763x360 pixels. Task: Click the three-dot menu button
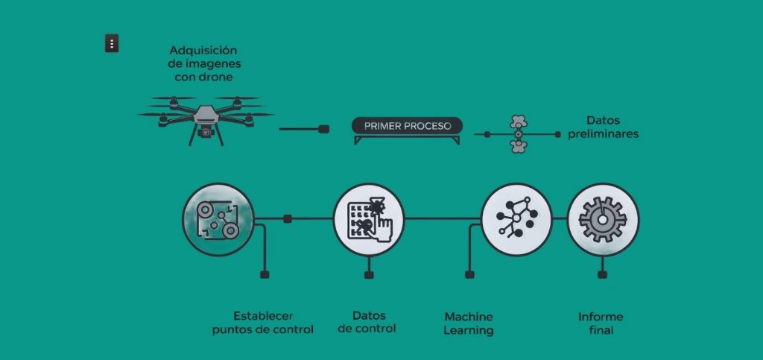point(111,44)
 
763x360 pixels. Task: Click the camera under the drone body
point(205,133)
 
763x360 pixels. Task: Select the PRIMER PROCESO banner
point(407,126)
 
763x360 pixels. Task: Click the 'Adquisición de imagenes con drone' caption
point(203,63)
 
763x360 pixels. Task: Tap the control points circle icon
point(218,218)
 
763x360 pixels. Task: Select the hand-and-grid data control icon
point(368,218)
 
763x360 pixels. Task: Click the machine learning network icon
point(516,218)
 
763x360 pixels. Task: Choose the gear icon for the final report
point(603,219)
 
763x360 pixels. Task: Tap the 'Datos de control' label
point(367,322)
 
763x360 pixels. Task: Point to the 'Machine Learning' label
point(468,323)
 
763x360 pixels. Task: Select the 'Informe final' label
point(601,323)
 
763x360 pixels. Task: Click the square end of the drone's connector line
point(323,129)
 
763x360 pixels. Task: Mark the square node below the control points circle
point(264,275)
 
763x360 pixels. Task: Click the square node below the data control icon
point(368,275)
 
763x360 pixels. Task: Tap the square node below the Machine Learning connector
point(469,275)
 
